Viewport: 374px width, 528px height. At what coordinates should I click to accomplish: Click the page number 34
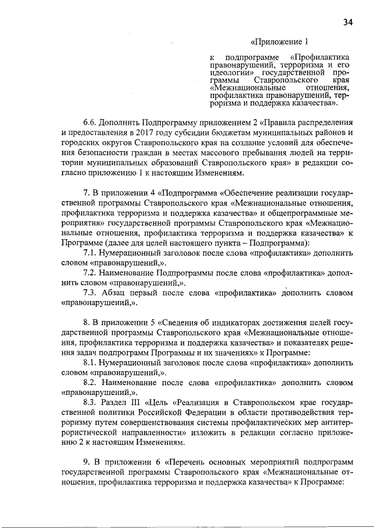pyautogui.click(x=348, y=22)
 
